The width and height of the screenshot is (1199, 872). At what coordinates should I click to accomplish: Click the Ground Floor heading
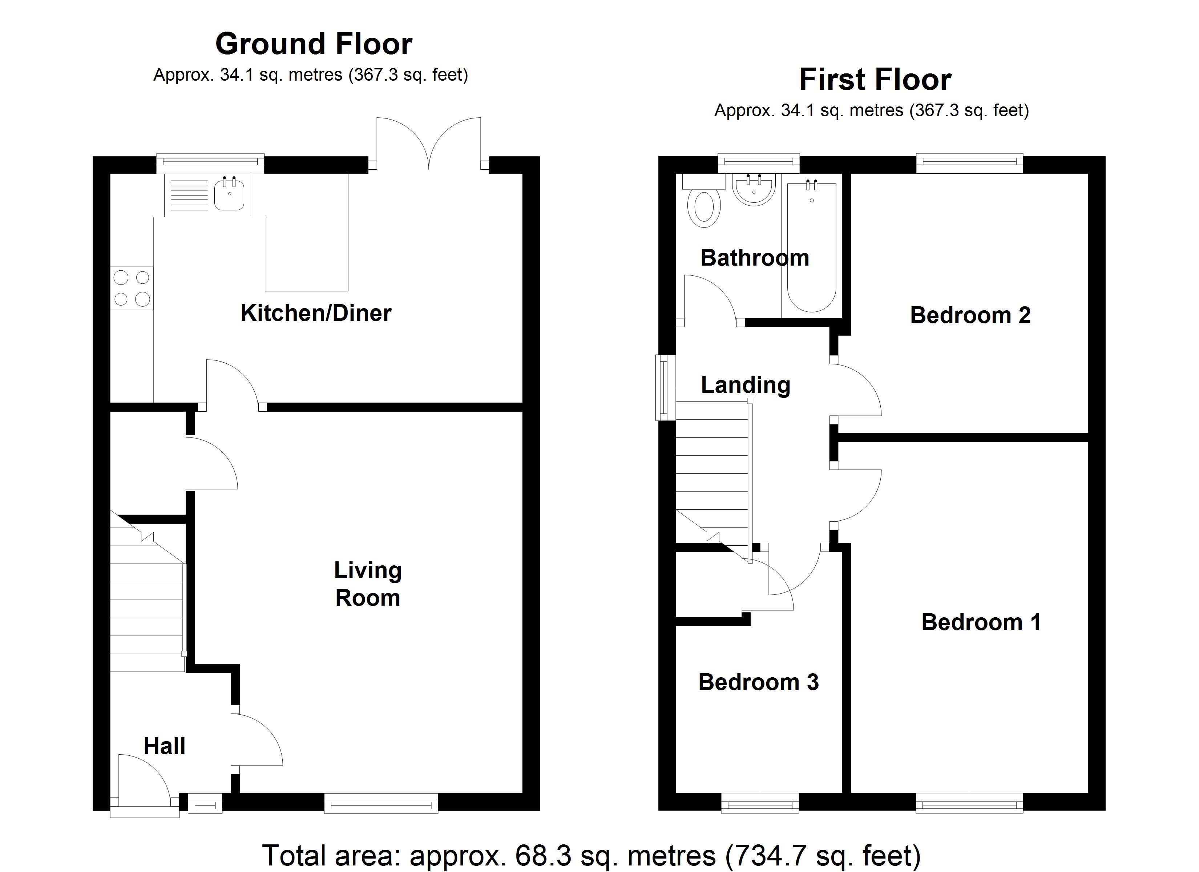(x=314, y=44)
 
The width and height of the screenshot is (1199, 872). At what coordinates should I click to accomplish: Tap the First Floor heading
(x=875, y=80)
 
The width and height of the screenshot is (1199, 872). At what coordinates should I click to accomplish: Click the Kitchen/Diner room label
(x=316, y=313)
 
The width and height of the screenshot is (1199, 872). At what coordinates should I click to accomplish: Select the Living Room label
(x=368, y=584)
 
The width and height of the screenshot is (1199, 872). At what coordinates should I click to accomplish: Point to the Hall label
(x=165, y=746)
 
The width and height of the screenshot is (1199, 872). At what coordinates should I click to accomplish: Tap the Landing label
(x=746, y=385)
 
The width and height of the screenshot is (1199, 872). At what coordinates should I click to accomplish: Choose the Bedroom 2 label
(x=970, y=315)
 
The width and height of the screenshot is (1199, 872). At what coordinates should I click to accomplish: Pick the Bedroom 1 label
(x=981, y=622)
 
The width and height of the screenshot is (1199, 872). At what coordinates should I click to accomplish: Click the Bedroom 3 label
(x=758, y=682)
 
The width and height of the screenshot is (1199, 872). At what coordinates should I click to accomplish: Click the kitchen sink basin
(x=229, y=194)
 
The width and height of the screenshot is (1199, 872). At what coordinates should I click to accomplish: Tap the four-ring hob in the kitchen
(x=132, y=288)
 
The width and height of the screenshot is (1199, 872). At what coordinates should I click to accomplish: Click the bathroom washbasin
(x=754, y=190)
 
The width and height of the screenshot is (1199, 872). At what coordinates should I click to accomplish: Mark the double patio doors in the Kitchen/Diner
(x=428, y=143)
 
